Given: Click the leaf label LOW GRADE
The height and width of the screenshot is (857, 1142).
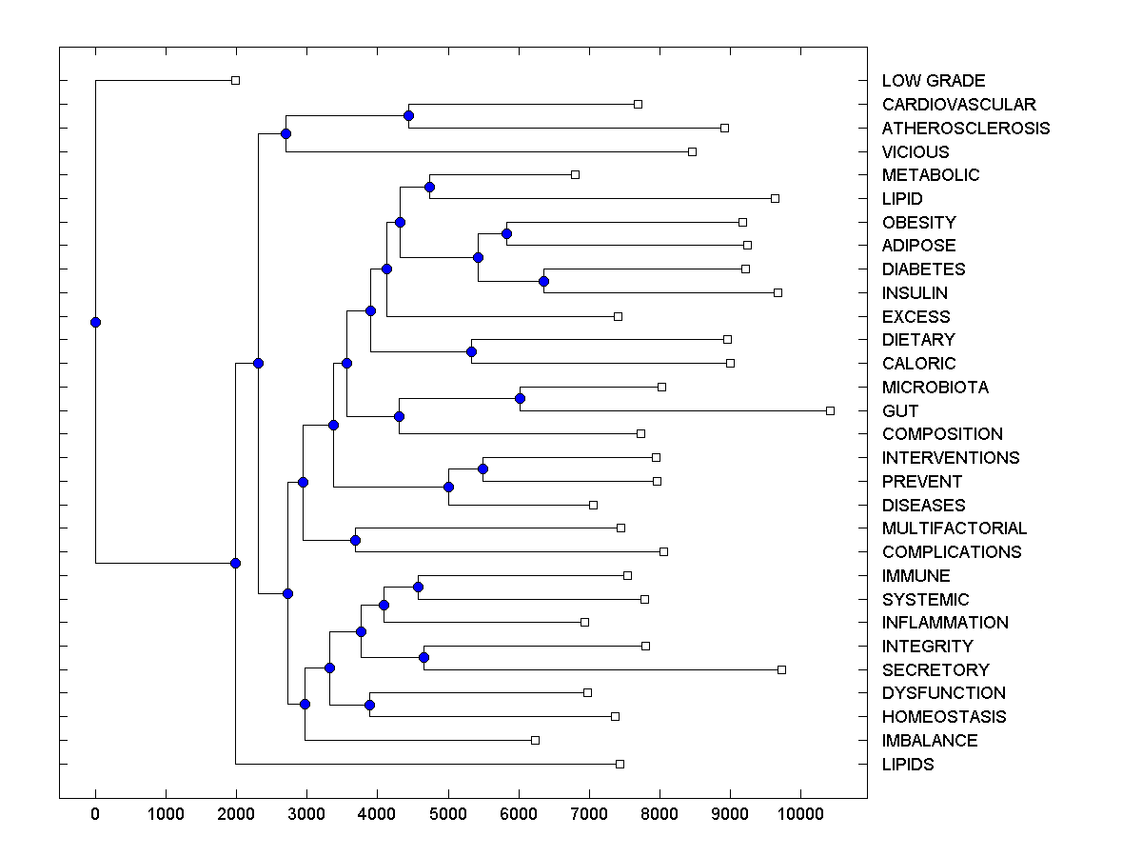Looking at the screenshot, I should click(933, 81).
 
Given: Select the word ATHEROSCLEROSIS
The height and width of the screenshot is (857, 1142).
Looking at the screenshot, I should click(965, 128).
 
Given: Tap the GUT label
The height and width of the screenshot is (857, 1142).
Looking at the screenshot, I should click(899, 410).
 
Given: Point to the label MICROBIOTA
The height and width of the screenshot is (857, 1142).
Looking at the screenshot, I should click(935, 387).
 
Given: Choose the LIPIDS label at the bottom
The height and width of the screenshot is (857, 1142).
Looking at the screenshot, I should click(907, 764).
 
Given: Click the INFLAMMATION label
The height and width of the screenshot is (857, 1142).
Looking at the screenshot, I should click(944, 622).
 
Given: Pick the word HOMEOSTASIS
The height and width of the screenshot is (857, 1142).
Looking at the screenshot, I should click(943, 716).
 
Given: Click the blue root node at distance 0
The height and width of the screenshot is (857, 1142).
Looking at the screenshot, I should click(95, 322).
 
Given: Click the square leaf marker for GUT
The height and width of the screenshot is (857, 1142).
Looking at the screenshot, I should click(830, 410).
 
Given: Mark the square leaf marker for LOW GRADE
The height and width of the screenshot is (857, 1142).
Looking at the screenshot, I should click(236, 80).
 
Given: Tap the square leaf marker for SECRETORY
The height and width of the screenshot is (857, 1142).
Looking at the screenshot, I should click(781, 669).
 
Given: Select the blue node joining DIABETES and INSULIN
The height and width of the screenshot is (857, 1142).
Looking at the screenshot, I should click(543, 281).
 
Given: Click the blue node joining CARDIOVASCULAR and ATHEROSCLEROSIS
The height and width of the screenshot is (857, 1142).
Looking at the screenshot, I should click(408, 115).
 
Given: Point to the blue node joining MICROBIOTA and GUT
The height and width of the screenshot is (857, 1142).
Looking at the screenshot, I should click(520, 398).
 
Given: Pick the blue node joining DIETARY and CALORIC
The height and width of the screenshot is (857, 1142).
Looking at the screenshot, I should click(471, 351).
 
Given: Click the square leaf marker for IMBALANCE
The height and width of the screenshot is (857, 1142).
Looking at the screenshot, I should click(535, 740).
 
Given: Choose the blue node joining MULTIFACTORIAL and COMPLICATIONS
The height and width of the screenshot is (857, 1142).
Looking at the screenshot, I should click(355, 540).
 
